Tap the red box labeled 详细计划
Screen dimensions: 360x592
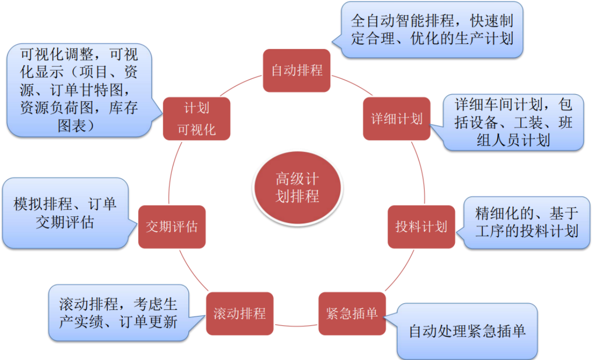[x=396, y=119]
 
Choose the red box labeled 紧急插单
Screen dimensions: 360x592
[x=352, y=313]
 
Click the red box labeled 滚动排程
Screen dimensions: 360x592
[x=239, y=313]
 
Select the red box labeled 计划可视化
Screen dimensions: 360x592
[x=196, y=119]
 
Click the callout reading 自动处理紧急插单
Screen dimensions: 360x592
[x=467, y=331]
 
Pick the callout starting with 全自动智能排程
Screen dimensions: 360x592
[x=432, y=30]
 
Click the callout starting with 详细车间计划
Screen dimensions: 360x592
[x=513, y=122]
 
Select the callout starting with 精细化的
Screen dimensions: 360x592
[x=527, y=222]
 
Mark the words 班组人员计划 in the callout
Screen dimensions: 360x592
[x=513, y=140]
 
